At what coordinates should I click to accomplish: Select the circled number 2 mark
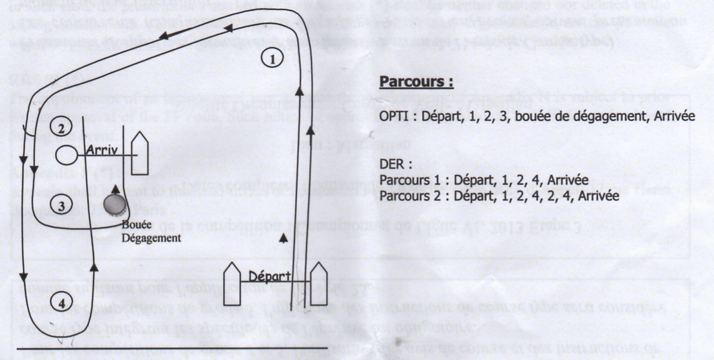coord(61,128)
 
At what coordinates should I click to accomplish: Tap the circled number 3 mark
coord(61,206)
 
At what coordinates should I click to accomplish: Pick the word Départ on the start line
coord(269,275)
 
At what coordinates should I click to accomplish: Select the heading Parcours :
coord(416,82)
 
